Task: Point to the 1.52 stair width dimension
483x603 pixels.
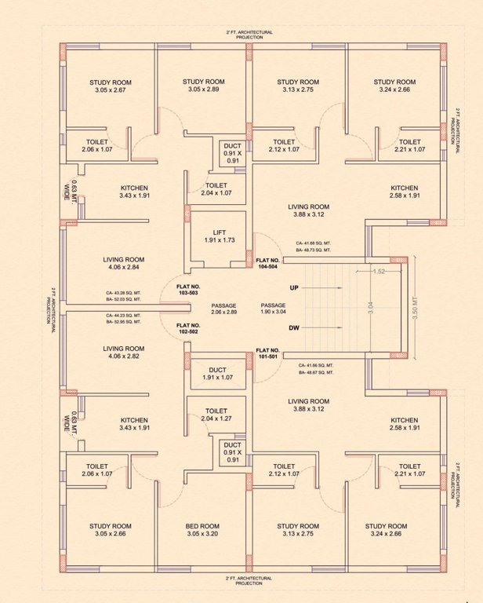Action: coord(378,271)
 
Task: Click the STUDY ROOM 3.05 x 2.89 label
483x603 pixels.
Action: coord(204,86)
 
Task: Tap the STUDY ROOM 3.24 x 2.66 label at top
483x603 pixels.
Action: coord(394,86)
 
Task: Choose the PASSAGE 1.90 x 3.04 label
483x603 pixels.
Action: coord(273,309)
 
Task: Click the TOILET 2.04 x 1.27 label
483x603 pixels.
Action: coord(216,415)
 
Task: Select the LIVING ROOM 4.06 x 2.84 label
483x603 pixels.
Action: coord(124,262)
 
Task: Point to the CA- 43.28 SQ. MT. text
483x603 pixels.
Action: coord(123,293)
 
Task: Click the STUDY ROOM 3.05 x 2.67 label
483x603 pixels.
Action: coord(110,86)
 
